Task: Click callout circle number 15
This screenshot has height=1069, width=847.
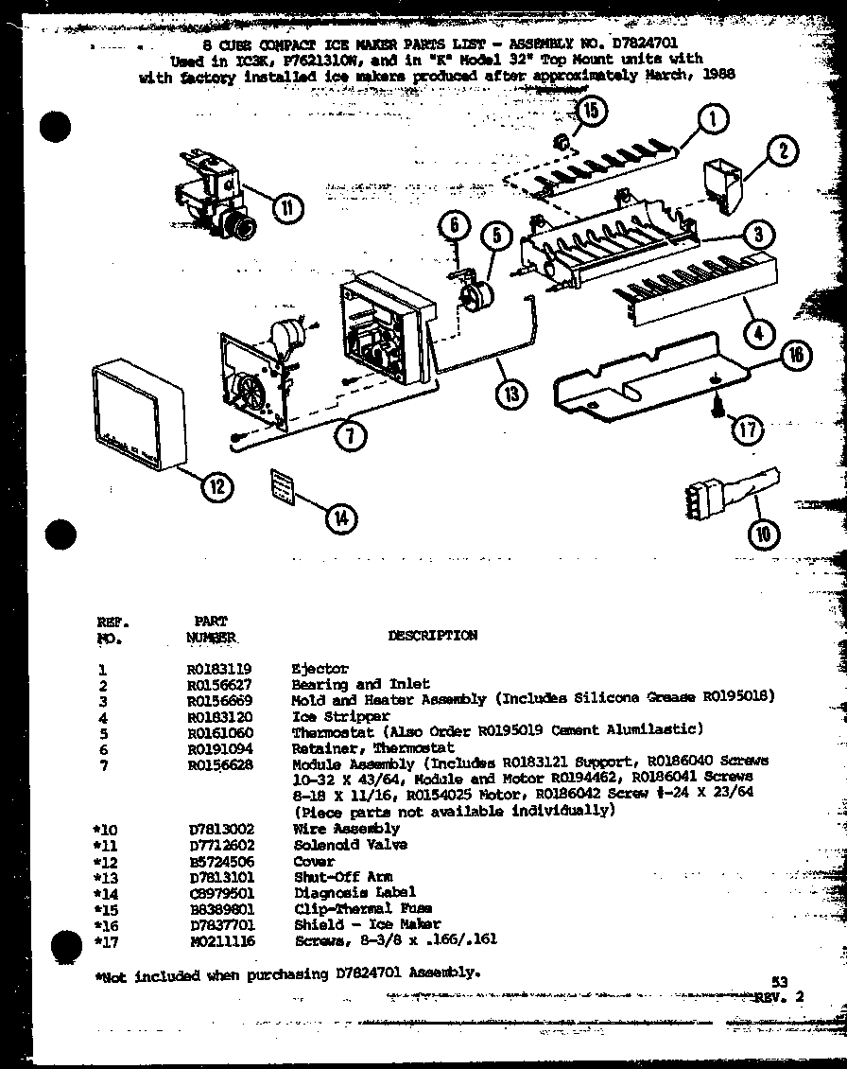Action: click(590, 112)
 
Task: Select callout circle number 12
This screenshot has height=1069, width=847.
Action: click(216, 486)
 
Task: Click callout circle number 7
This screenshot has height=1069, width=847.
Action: click(351, 434)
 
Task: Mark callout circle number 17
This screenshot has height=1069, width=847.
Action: click(747, 429)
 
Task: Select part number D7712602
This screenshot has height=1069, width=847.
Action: click(220, 845)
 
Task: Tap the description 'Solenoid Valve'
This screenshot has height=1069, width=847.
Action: click(337, 845)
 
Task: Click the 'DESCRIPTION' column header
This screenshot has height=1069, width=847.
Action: click(432, 636)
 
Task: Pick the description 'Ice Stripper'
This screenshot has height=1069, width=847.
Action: click(327, 716)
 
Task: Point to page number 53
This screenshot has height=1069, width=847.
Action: click(779, 983)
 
